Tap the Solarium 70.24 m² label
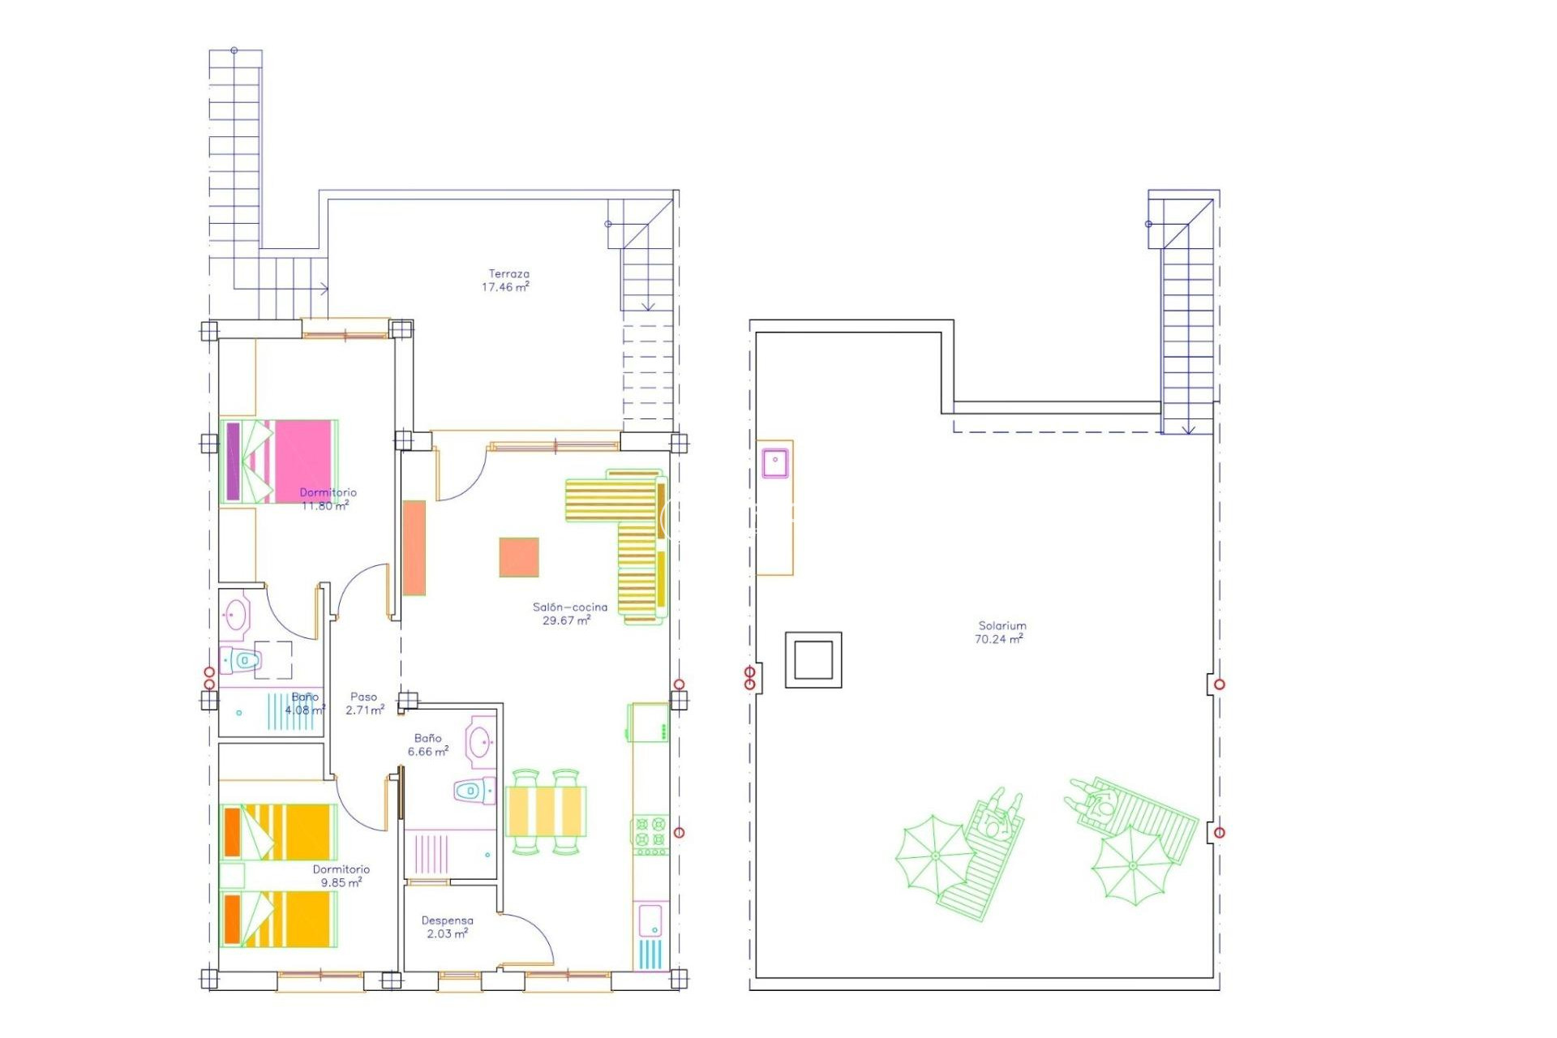coord(1001,633)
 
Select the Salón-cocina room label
coord(568,614)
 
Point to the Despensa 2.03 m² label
coord(447,927)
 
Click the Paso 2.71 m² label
coord(364,703)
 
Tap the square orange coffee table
coord(519,557)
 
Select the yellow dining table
coord(545,811)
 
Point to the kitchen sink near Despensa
coord(650,921)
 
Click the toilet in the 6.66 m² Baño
coord(474,790)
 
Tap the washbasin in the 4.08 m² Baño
coord(236,615)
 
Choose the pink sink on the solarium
coord(775,461)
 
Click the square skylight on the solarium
coord(813,660)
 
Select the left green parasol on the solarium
coord(934,856)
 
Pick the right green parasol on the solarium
coord(1131,866)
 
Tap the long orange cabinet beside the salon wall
coord(414,548)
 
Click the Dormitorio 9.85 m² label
coord(341,876)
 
